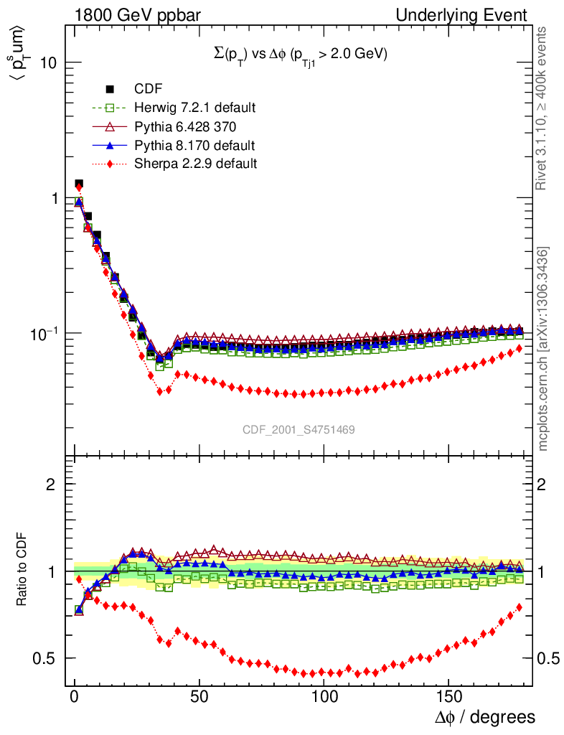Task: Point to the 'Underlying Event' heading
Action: point(474,15)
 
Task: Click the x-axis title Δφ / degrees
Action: point(484,716)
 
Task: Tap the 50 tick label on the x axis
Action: point(199,696)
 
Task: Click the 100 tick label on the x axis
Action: point(324,696)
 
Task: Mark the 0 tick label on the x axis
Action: point(75,696)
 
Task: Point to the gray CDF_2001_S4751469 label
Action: point(299,429)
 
